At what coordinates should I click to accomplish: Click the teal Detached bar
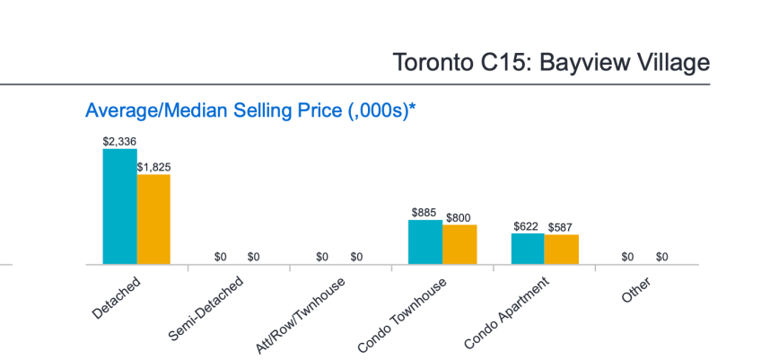click(119, 206)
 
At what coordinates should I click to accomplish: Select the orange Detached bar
click(153, 219)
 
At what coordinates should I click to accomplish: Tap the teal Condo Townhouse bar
click(424, 241)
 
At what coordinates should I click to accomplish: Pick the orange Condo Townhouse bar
click(459, 244)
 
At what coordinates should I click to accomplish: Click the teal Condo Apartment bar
click(527, 249)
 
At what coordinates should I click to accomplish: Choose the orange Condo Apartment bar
click(561, 250)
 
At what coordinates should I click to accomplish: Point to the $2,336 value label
click(119, 142)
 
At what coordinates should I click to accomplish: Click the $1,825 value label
click(153, 167)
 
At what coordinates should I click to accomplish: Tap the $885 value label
click(424, 213)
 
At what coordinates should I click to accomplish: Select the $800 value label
click(459, 218)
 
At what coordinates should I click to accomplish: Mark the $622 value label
click(527, 226)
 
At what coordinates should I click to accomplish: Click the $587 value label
click(561, 227)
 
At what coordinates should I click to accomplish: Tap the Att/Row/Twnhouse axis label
click(304, 313)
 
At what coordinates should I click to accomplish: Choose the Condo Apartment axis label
click(506, 312)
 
